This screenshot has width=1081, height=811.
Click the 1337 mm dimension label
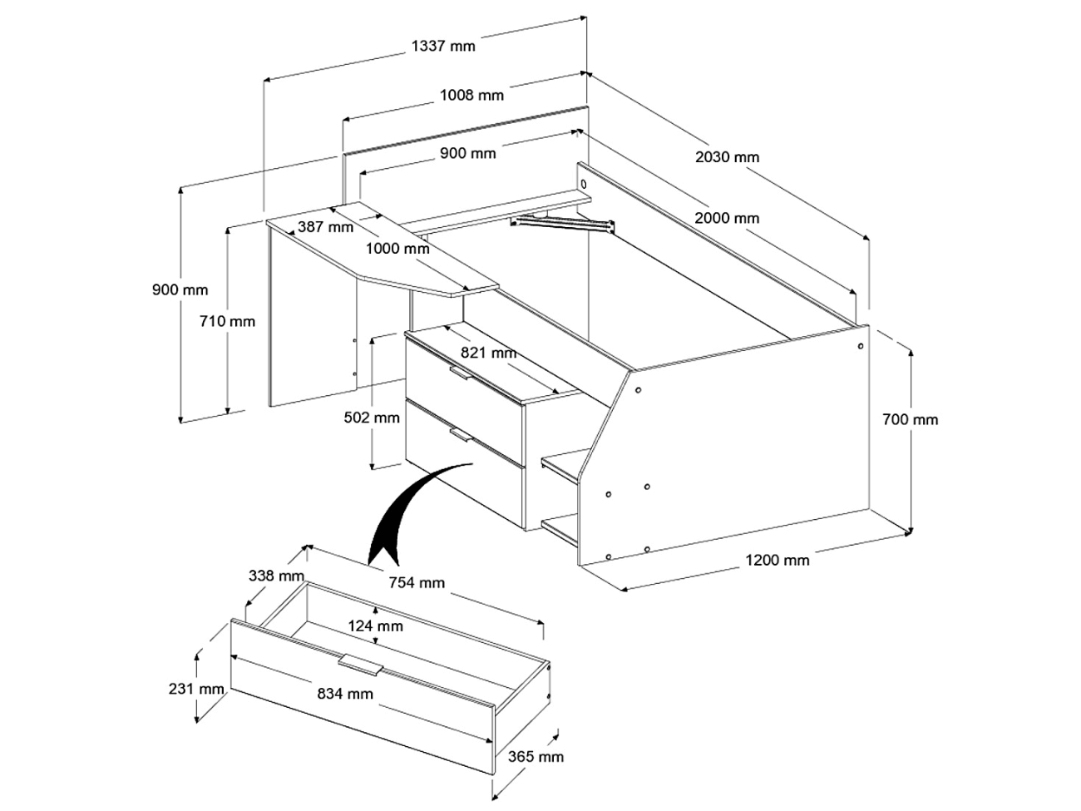point(443,46)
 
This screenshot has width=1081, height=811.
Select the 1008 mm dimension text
point(471,95)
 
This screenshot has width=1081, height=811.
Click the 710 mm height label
point(228,321)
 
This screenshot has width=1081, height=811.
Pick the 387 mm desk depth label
point(325,226)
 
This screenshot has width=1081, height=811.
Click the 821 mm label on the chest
point(489,353)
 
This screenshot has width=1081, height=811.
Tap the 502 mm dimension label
point(372,418)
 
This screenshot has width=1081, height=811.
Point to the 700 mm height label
point(910,419)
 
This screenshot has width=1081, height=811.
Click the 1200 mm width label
point(777,560)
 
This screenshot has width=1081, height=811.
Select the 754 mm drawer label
point(416,582)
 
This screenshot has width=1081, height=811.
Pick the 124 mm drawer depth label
point(375,626)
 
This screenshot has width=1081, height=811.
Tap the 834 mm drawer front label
point(345,693)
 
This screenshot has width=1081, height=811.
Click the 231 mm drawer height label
point(196,689)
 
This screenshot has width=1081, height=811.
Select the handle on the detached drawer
point(361,664)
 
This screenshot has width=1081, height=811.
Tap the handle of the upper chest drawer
point(459,373)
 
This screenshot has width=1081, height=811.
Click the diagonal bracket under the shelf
point(563,222)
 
